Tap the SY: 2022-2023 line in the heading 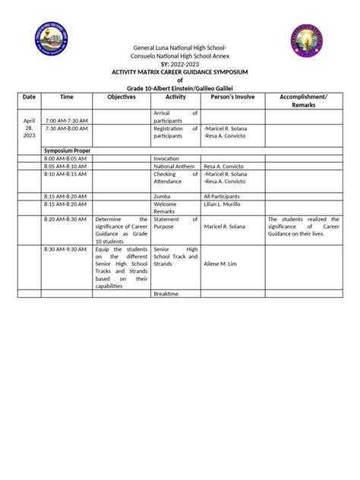pyautogui.click(x=180, y=64)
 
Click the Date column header pyautogui.click(x=29, y=97)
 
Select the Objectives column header pyautogui.click(x=121, y=97)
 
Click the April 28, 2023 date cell pyautogui.click(x=29, y=128)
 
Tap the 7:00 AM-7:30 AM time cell pyautogui.click(x=66, y=120)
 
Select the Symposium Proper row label pyautogui.click(x=67, y=151)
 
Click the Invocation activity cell pyautogui.click(x=166, y=158)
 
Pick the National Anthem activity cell pyautogui.click(x=175, y=166)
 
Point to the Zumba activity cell pyautogui.click(x=163, y=196)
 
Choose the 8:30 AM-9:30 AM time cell pyautogui.click(x=66, y=248)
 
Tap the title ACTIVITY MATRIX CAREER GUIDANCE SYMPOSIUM pyautogui.click(x=180, y=72)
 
